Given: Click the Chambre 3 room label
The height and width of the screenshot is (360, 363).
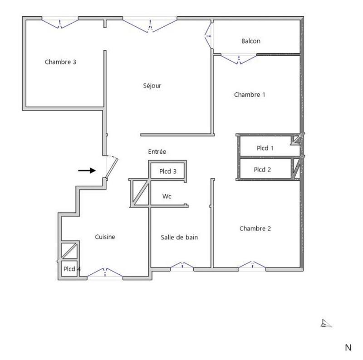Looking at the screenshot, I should coord(60,62).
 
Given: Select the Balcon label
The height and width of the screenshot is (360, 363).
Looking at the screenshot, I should coord(251,41).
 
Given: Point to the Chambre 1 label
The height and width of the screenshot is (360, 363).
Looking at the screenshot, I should coord(249,95).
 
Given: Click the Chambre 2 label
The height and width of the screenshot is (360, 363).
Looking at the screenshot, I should coord(255,229).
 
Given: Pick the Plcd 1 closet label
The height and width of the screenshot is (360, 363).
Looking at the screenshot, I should coord(265,148).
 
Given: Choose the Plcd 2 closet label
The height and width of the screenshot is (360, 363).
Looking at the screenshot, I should coord(262,170).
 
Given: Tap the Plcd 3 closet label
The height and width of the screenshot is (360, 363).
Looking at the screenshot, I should coord(168,171).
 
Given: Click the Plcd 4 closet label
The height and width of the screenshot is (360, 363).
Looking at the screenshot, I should coord(72,269).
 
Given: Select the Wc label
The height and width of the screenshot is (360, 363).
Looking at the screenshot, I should coord(167,197).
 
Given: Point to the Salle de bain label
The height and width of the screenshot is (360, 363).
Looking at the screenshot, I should coord(179,237).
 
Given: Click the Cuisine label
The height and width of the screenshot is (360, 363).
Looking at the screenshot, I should coord(105,237).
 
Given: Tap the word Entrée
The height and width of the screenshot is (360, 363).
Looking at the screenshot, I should coord(157,152).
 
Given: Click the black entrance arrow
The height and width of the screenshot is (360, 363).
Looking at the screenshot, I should coord(87,170).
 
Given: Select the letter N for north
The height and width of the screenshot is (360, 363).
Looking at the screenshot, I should coord(348,348).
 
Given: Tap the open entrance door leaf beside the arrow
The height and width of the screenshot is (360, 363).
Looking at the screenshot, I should coord(112,168).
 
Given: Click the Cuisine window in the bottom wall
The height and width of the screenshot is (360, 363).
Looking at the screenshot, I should coord(105,273).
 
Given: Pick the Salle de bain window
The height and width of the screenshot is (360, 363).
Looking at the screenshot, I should coord(182,266).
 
